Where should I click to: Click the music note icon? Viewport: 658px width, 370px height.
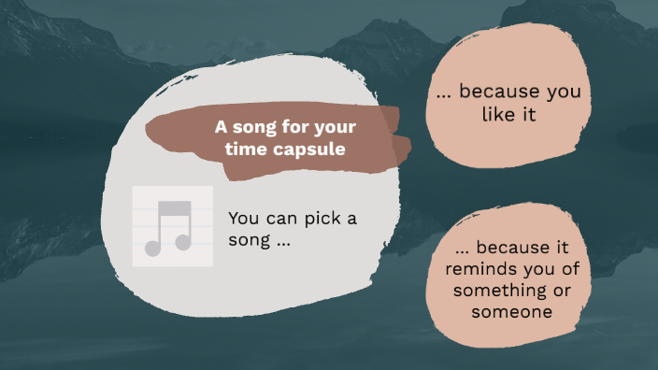pyautogui.click(x=173, y=226)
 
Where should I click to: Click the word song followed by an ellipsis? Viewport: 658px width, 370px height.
pyautogui.click(x=250, y=241)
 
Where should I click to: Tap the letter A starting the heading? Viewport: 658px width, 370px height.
pyautogui.click(x=221, y=127)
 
